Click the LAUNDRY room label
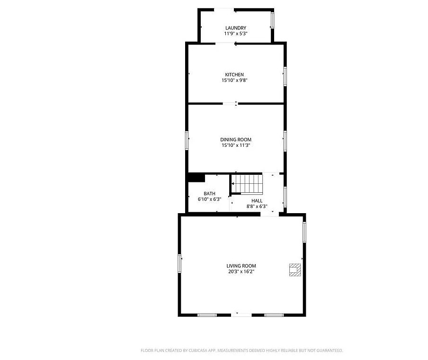pos(236,28)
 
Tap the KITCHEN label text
pos(234,74)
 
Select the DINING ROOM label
pos(236,140)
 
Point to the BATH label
pos(209,194)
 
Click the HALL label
pos(257,201)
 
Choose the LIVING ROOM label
pos(241,266)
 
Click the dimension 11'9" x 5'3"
pos(236,34)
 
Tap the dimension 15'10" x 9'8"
pos(234,81)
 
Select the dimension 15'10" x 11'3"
pos(236,145)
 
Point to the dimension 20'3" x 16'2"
pos(241,271)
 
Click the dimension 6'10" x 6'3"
pos(209,199)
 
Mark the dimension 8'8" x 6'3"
pos(257,207)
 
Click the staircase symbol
pos(247,184)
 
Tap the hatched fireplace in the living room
pos(295,270)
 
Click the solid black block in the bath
pos(196,177)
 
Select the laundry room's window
pos(272,20)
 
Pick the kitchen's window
pos(285,76)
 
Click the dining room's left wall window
pos(187,140)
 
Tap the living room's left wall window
pos(179,263)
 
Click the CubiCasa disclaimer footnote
pos(242,351)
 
